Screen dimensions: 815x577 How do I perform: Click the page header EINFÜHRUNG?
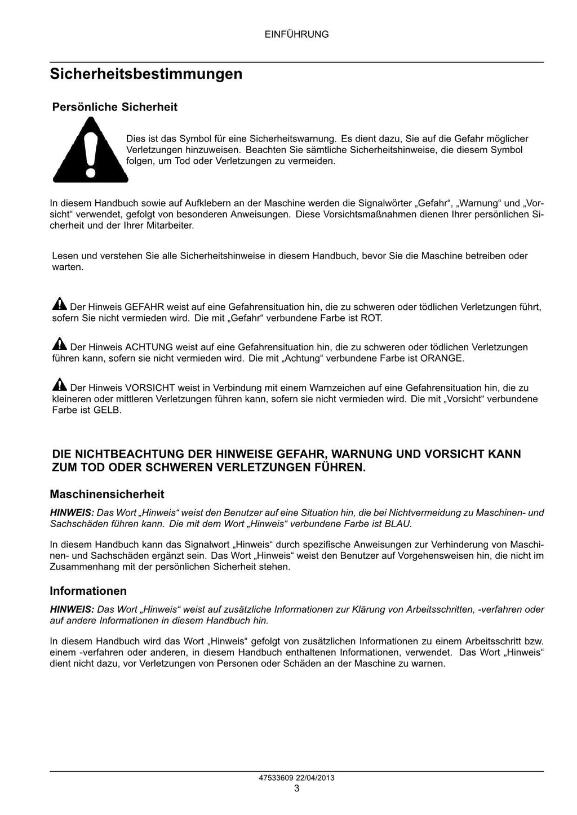pos(296,34)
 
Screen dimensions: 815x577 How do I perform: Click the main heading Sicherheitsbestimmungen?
pos(146,74)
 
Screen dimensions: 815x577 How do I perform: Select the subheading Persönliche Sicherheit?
pos(114,107)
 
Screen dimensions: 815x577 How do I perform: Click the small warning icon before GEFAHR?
pos(59,305)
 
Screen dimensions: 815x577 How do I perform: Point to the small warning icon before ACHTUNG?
pos(59,345)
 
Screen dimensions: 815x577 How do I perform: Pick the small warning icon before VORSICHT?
pos(59,385)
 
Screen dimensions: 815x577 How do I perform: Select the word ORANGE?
pos(442,358)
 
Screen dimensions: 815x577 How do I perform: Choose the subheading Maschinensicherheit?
pos(107,495)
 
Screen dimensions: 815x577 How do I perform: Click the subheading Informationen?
pos(88,591)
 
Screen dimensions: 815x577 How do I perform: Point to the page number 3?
pos(296,789)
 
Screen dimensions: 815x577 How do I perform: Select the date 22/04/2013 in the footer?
pos(316,778)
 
